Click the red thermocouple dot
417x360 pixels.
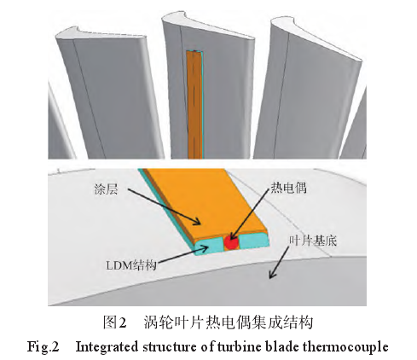coord(231,242)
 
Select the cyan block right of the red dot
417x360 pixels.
coord(252,241)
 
